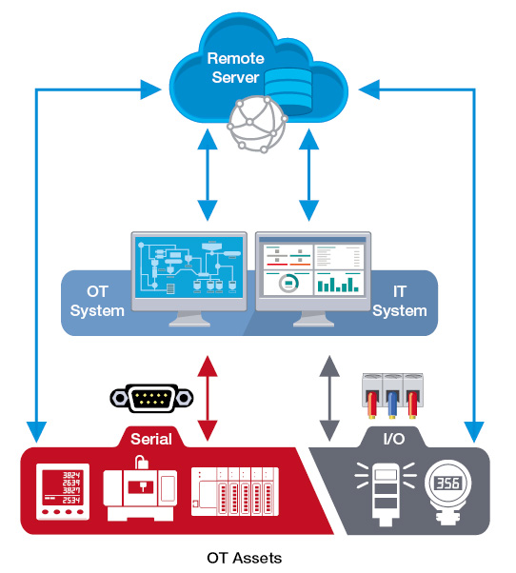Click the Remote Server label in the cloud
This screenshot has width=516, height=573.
(236, 68)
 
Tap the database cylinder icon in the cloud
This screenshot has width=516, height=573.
(288, 90)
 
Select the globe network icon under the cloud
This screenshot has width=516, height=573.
(256, 125)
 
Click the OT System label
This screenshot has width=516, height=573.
(97, 301)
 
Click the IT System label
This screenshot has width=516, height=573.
(400, 301)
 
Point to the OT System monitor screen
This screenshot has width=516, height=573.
(189, 267)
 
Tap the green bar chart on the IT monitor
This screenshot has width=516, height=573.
(338, 285)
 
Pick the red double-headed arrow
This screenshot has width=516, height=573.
(208, 398)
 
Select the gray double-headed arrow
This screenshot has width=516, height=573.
(329, 398)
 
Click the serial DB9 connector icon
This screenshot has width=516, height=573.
(151, 398)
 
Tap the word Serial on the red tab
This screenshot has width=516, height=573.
(151, 439)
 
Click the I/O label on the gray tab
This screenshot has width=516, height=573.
(394, 439)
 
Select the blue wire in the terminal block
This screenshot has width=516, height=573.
(392, 405)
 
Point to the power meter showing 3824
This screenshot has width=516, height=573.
(63, 492)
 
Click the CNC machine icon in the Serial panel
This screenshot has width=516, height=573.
(140, 488)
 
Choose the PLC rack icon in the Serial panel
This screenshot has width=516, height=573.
(235, 491)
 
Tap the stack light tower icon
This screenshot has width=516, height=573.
(386, 494)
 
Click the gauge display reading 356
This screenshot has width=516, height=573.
(448, 484)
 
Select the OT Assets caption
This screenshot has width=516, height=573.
(244, 558)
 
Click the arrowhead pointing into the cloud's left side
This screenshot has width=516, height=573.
(150, 89)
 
